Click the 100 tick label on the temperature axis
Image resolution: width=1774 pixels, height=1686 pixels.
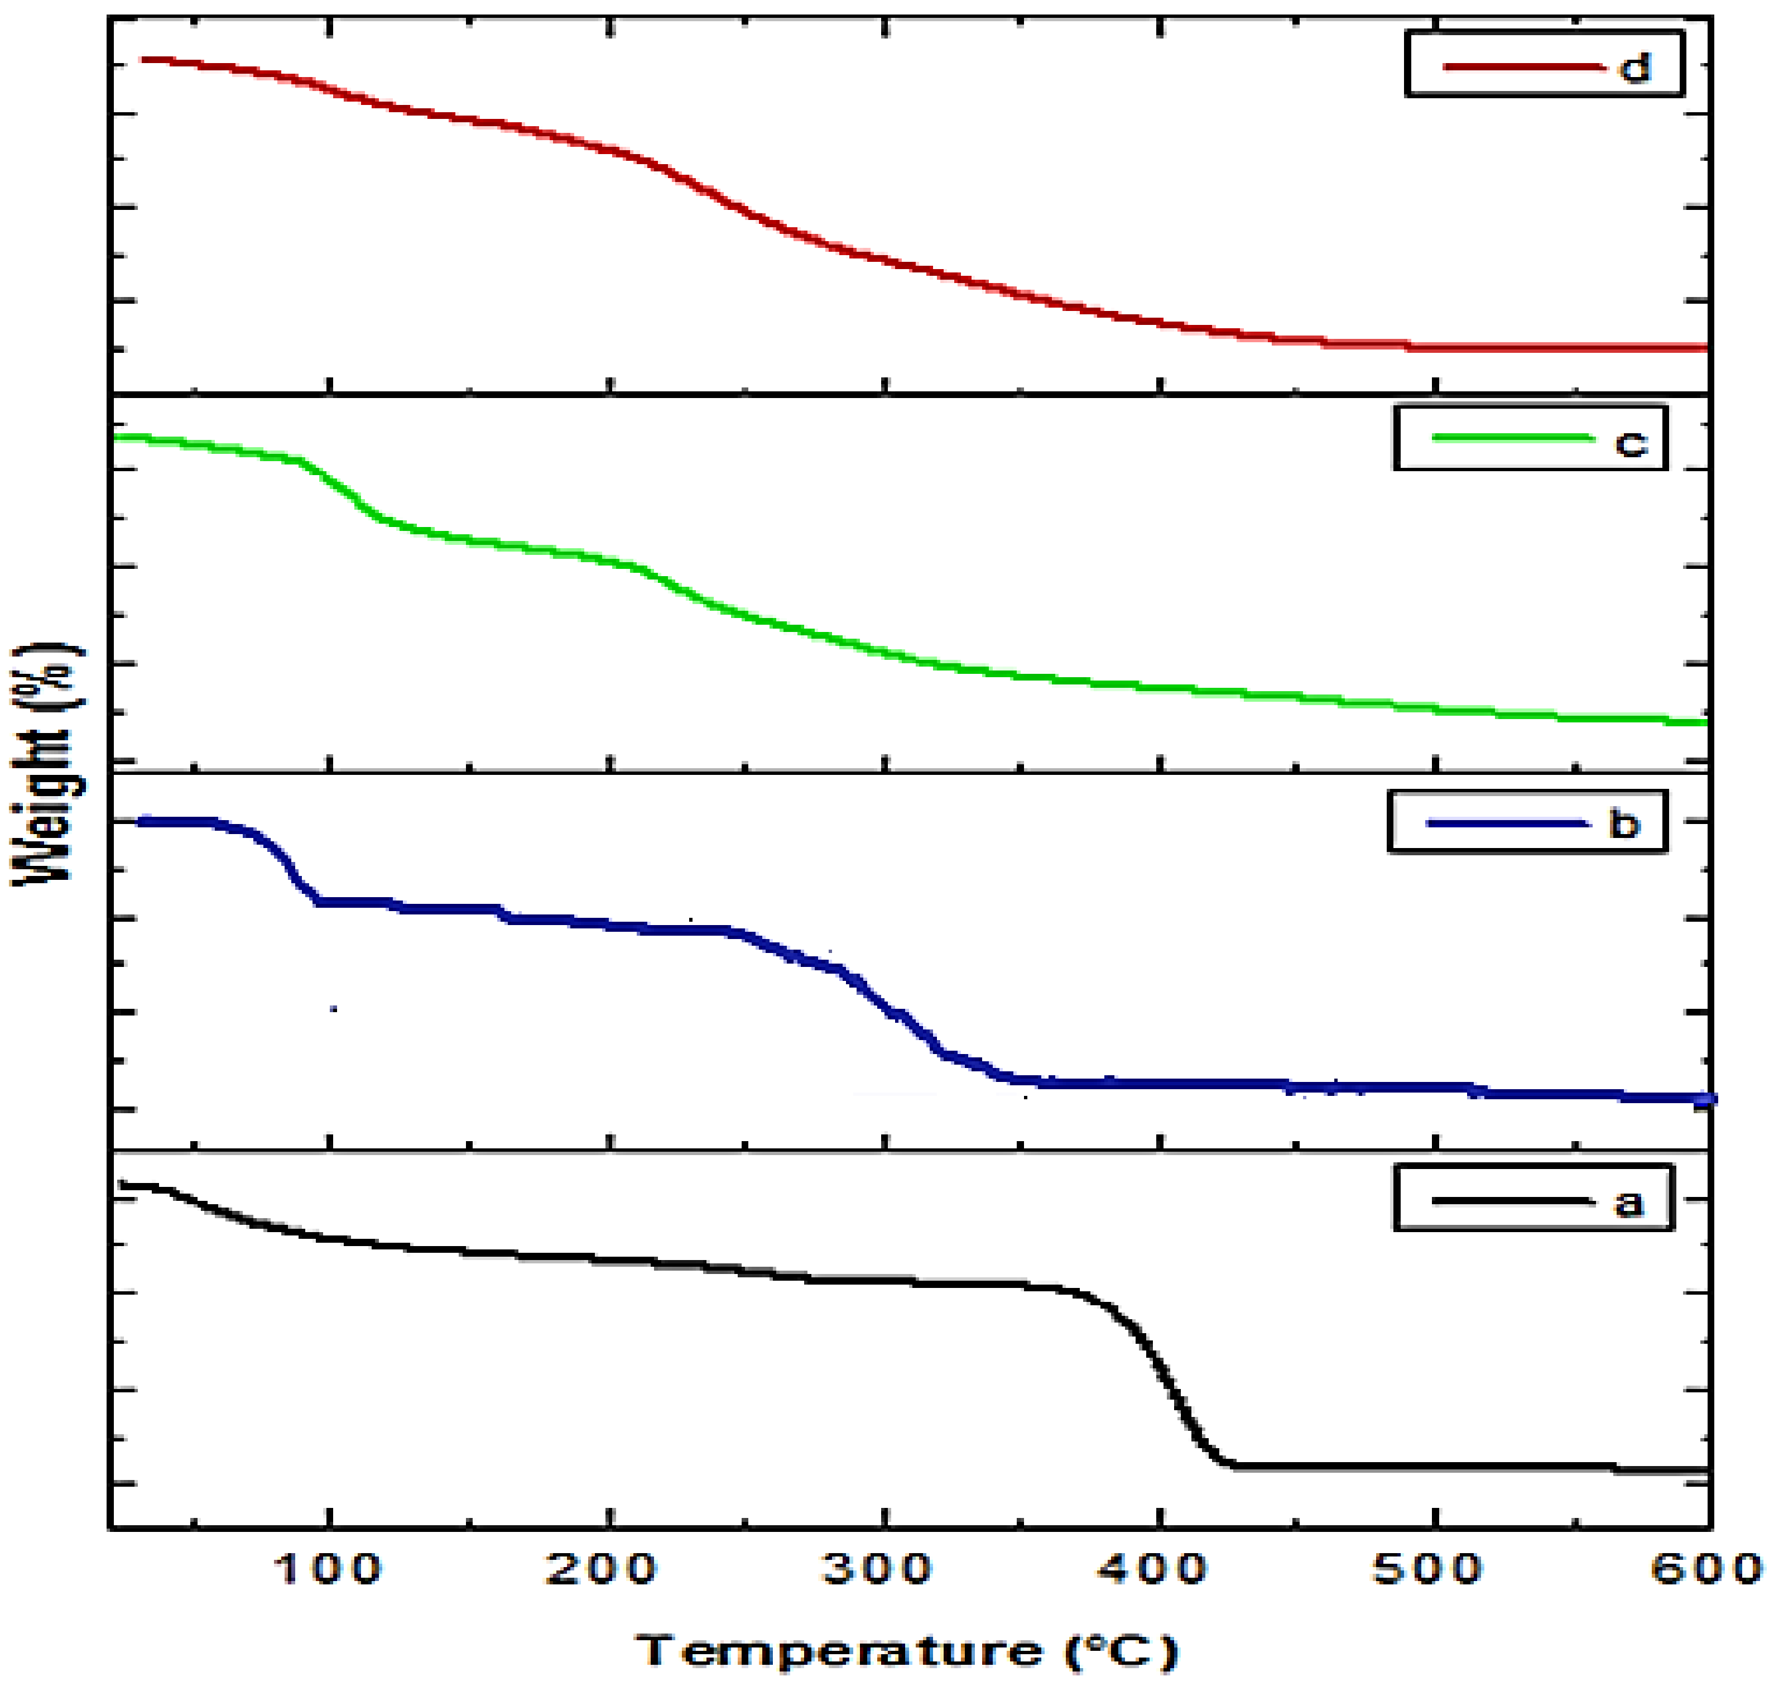(x=327, y=1569)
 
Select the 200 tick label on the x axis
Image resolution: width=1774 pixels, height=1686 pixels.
(x=602, y=1569)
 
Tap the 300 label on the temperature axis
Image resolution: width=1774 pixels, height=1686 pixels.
(x=878, y=1569)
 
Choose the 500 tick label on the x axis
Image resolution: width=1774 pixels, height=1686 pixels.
(x=1428, y=1569)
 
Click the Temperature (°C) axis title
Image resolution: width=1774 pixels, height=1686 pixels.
(x=907, y=1651)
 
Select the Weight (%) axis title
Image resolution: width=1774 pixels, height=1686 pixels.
(x=47, y=764)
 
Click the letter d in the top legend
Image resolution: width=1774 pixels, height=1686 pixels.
(x=1635, y=68)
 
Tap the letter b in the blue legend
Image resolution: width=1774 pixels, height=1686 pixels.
(x=1624, y=823)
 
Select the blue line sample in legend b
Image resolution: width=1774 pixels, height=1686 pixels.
(x=1507, y=823)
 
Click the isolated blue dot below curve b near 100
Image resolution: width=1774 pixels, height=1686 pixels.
(x=333, y=1008)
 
